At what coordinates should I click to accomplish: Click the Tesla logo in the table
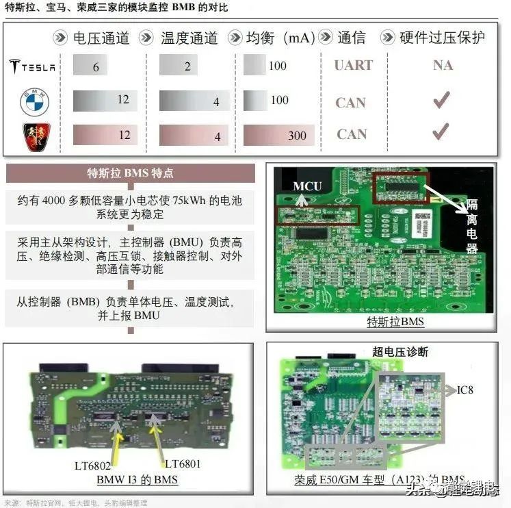click(32, 66)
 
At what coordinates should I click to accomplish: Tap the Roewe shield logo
click(34, 135)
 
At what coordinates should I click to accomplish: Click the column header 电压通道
click(101, 38)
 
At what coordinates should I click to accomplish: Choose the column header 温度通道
click(188, 38)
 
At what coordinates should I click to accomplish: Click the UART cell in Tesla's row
click(353, 66)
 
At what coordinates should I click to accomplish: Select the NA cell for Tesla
click(443, 66)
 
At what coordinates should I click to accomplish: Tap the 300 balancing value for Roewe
click(297, 136)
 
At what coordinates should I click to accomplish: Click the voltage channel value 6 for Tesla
click(96, 66)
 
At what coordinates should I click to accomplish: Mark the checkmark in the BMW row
click(441, 101)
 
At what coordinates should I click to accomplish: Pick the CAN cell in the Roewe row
click(352, 134)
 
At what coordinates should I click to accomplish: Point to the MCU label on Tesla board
click(307, 186)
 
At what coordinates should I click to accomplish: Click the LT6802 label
click(92, 465)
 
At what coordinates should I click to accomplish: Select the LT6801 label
click(183, 464)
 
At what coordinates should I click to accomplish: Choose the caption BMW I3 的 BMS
click(137, 479)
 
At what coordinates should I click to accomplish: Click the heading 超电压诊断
click(400, 351)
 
